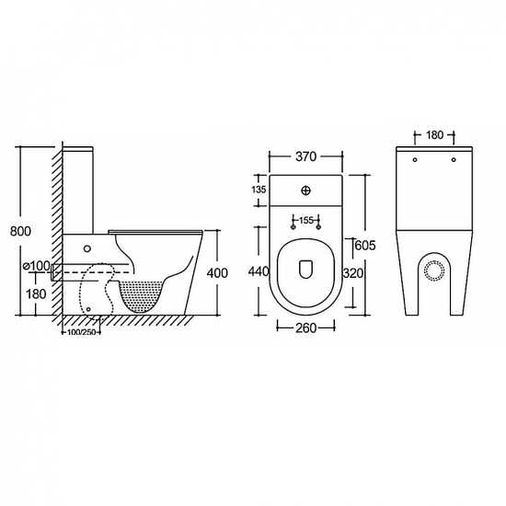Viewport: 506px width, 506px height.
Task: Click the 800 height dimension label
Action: (x=20, y=231)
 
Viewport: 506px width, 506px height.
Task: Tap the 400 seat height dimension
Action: (x=217, y=273)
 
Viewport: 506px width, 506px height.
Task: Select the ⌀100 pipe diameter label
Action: (x=37, y=266)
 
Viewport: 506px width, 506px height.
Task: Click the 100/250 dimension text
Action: (x=81, y=332)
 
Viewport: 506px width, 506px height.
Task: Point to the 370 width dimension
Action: (x=305, y=156)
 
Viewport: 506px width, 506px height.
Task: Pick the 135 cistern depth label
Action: (x=259, y=190)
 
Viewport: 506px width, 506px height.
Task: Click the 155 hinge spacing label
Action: (x=306, y=220)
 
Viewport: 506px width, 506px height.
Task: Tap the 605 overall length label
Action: (x=365, y=246)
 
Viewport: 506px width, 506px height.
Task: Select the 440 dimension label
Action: (x=259, y=271)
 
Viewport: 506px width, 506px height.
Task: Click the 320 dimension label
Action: (x=352, y=273)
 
